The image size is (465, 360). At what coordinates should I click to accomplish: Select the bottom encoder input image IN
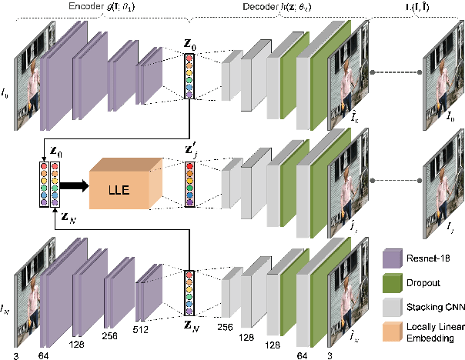[x=25, y=288]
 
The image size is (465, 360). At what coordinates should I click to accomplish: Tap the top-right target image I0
[x=440, y=73]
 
